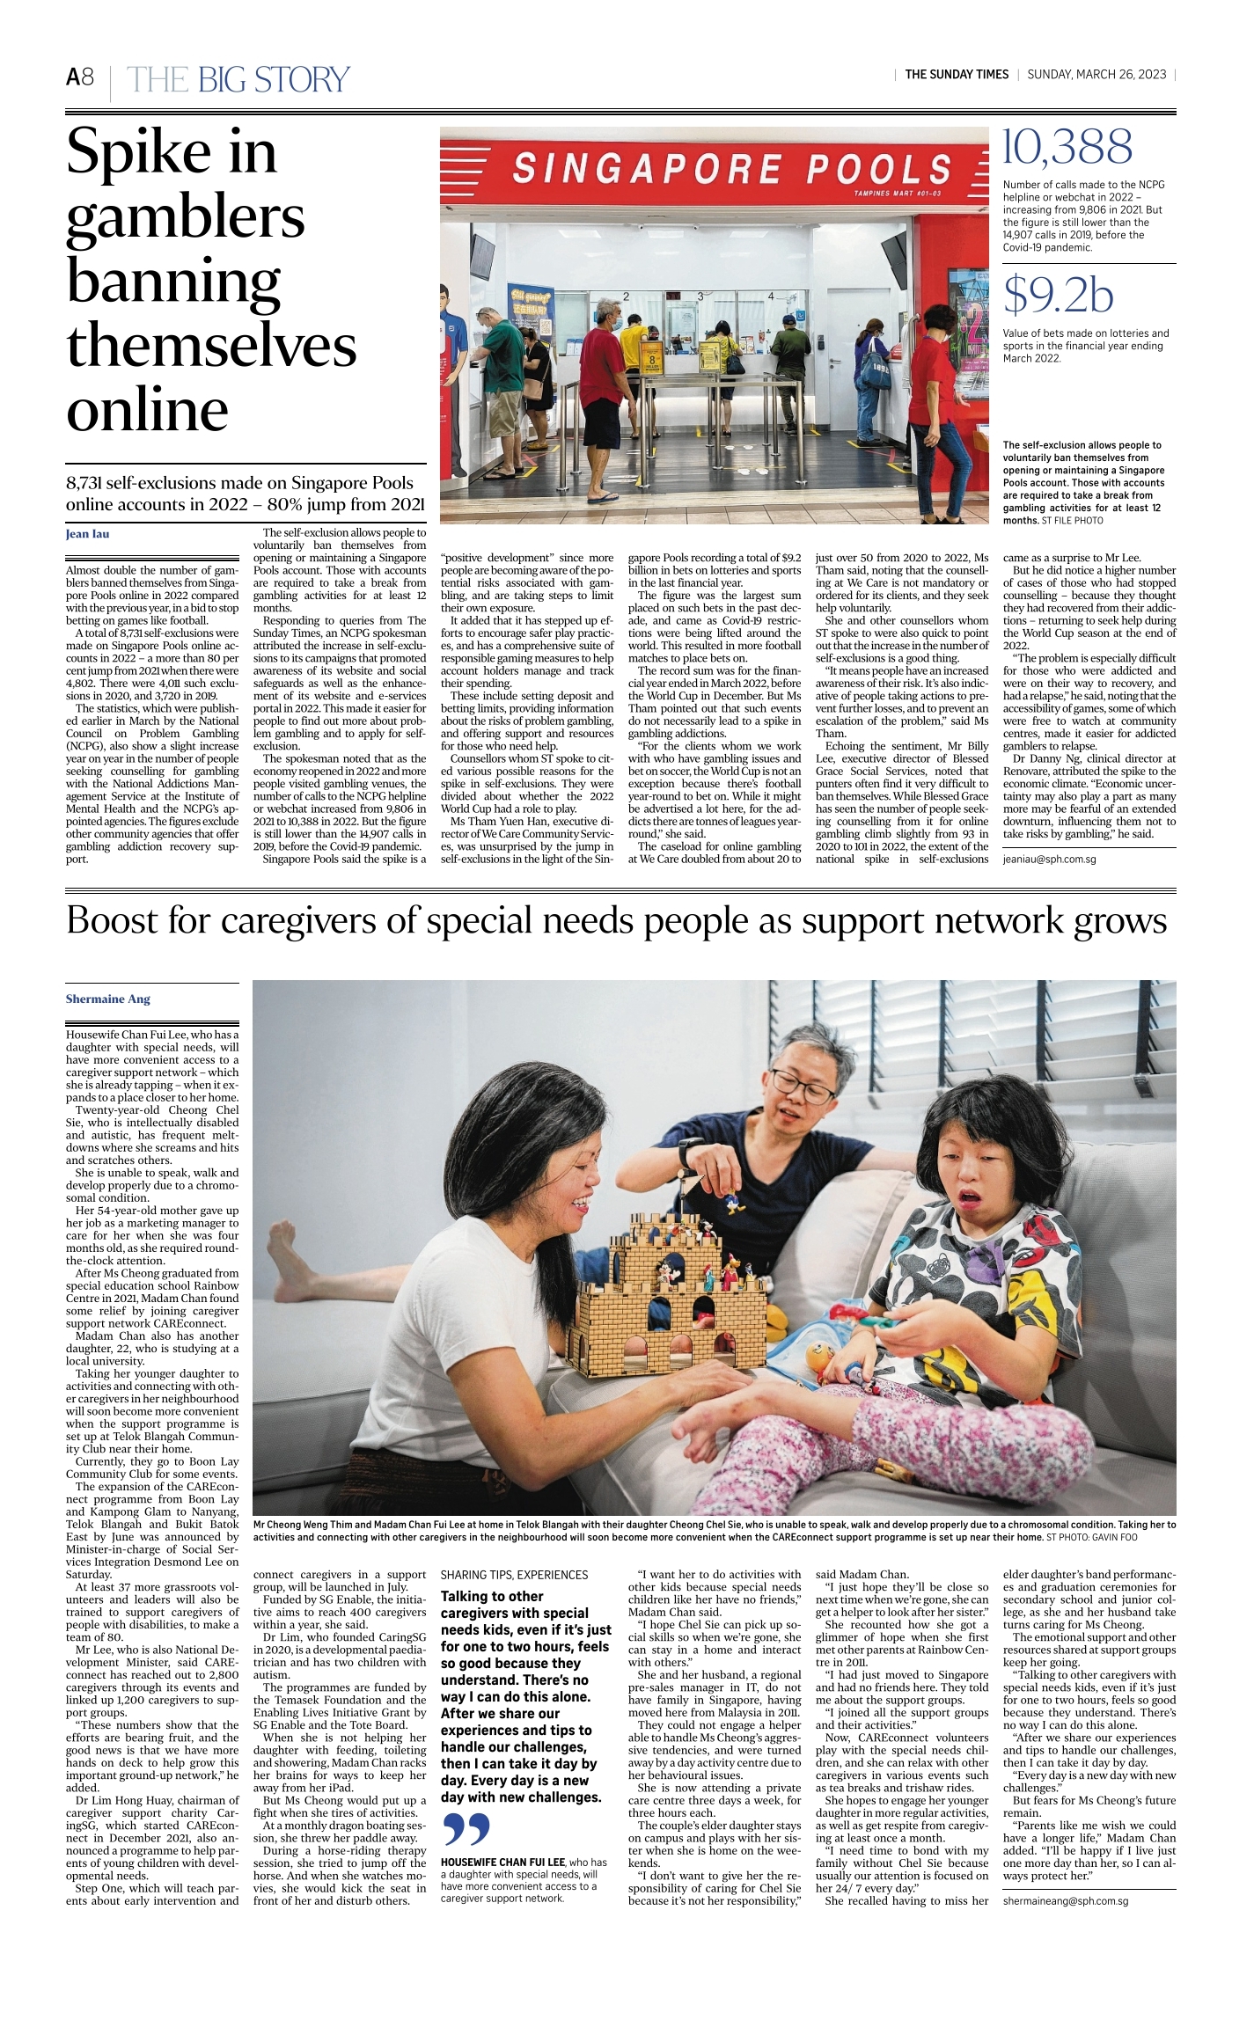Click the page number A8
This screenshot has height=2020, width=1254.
[80, 77]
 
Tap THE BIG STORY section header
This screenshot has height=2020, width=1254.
[238, 80]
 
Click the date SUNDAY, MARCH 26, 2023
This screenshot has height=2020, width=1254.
[1096, 75]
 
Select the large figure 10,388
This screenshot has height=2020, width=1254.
[1067, 148]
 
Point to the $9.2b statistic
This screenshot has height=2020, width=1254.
[1058, 296]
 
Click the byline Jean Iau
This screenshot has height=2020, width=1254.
[88, 534]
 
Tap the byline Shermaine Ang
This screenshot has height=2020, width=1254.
[108, 999]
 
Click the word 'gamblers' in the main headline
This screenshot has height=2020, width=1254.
[186, 217]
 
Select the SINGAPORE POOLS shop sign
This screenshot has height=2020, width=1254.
[732, 168]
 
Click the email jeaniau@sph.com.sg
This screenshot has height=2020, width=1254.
[1049, 859]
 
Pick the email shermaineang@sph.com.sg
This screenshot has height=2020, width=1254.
[1065, 1900]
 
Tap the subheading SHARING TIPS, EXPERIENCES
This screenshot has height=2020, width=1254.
[514, 1575]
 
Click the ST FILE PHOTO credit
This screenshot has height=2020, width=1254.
[1072, 521]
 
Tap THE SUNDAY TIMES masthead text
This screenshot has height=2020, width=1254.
[957, 75]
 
